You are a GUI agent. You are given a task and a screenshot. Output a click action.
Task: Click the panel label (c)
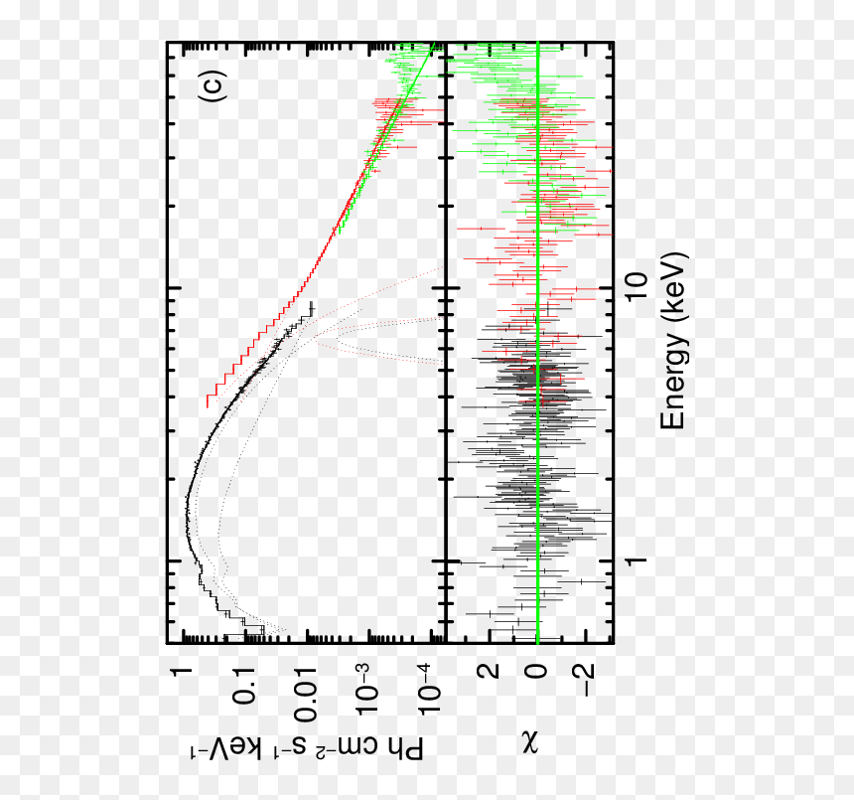pos(211,86)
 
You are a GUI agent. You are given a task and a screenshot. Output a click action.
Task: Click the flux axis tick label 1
pos(181,672)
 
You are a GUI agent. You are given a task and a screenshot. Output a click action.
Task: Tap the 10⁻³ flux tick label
pos(367,690)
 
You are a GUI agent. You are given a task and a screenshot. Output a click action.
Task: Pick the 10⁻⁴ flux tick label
pos(429,690)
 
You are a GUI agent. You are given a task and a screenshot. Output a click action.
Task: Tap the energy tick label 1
pos(637,560)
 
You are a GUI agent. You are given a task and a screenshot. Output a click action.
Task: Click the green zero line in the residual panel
pos(537,342)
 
